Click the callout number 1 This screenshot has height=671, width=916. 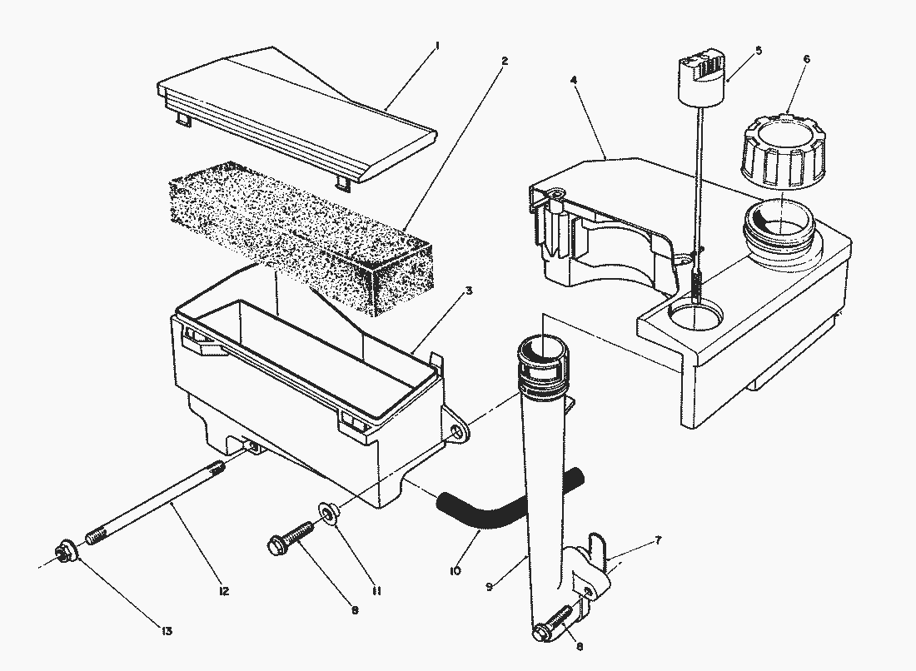(437, 47)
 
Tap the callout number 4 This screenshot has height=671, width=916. (575, 79)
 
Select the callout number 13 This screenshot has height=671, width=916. (167, 631)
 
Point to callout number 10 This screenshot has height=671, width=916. (455, 570)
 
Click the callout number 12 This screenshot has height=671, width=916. (223, 591)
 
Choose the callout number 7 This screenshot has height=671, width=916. (658, 540)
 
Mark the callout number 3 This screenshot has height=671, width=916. (469, 291)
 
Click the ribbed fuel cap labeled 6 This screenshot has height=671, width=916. (784, 151)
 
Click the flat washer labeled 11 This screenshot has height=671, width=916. (328, 512)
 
